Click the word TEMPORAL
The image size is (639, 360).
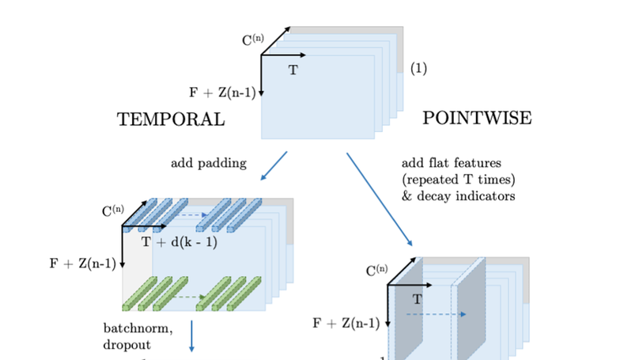pos(171,119)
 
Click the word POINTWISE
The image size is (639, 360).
pos(477,118)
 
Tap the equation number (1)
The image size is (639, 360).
pos(418,68)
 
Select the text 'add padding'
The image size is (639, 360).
pos(209,164)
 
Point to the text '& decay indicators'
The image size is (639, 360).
pos(458,195)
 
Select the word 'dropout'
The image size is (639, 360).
pos(127,344)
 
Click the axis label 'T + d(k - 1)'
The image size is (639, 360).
pos(179,242)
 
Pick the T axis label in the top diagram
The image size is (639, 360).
pos(293,70)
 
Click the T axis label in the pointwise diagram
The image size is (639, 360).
pos(418,299)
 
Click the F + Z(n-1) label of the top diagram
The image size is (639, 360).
pos(222,93)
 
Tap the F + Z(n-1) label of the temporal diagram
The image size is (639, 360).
pos(83,264)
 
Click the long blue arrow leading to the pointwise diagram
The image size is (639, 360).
pos(380,199)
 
